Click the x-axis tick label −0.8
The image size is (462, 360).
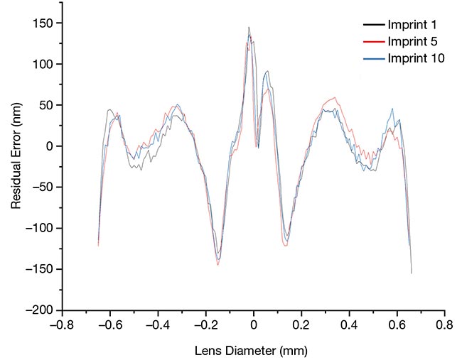click(x=62, y=326)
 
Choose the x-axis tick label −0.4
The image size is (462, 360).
click(x=157, y=326)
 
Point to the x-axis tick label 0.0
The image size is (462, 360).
click(x=253, y=326)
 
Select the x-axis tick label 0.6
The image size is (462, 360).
click(x=397, y=326)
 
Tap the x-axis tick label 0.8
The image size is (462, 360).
click(x=444, y=326)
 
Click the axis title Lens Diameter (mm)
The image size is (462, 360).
click(x=254, y=350)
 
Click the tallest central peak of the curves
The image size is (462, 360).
click(x=249, y=28)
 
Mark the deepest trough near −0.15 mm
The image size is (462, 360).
click(x=218, y=264)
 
